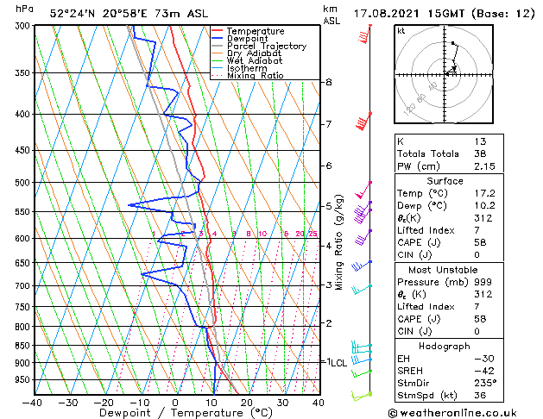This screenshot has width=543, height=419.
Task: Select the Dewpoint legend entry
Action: pyautogui.click(x=253, y=39)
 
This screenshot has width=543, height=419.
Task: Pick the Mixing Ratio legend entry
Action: pyautogui.click(x=256, y=76)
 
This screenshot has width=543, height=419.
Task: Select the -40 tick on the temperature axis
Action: pyautogui.click(x=33, y=403)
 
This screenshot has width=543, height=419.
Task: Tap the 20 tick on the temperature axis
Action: pyautogui.click(x=247, y=403)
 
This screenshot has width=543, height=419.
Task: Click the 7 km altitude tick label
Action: pyautogui.click(x=329, y=124)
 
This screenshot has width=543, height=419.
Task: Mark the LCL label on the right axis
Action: pyautogui.click(x=338, y=363)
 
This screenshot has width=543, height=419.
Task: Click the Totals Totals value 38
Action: pyautogui.click(x=481, y=153)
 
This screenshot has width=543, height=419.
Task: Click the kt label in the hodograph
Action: pyautogui.click(x=401, y=31)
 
